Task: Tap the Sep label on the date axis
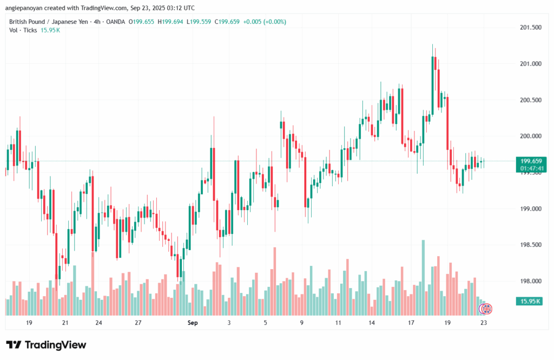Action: pos(193,323)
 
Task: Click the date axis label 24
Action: pos(98,323)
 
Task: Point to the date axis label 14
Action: pos(372,323)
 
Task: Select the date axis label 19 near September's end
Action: pos(447,323)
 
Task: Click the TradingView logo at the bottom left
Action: pos(46,345)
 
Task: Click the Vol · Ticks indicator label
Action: pos(24,30)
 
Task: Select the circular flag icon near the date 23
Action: pos(486,309)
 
